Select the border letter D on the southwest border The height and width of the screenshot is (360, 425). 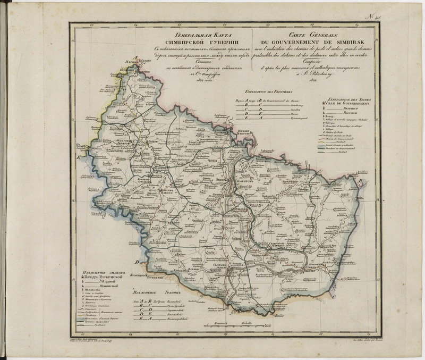[137, 262]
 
